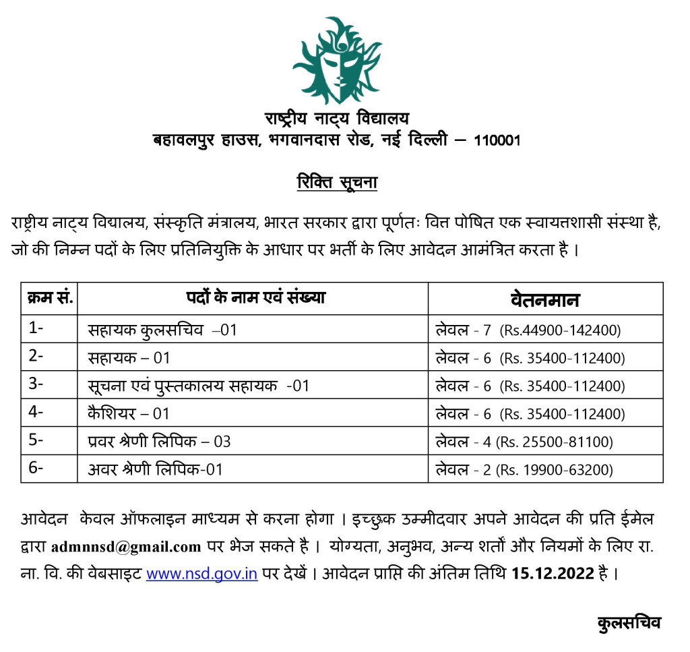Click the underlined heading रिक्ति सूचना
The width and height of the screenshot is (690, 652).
(x=337, y=183)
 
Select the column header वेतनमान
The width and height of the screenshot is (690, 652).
(x=545, y=299)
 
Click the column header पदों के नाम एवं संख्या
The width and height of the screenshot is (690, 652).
(x=255, y=297)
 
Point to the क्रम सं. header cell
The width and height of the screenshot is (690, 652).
(x=49, y=297)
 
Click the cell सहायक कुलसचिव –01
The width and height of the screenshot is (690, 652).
(x=162, y=330)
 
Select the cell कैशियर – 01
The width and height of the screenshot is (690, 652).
(x=129, y=413)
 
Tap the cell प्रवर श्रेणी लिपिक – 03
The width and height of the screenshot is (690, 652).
(x=159, y=441)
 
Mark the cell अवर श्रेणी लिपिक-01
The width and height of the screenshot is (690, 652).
(x=155, y=469)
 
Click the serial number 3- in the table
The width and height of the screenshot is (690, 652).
(x=36, y=385)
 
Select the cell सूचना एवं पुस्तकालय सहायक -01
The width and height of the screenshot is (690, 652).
(x=198, y=385)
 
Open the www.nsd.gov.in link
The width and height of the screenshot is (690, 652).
(x=201, y=575)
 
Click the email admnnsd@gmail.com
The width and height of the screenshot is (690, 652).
(x=126, y=547)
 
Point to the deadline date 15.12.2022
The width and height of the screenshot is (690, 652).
(x=553, y=574)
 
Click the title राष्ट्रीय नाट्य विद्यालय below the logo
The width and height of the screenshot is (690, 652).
(x=336, y=119)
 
